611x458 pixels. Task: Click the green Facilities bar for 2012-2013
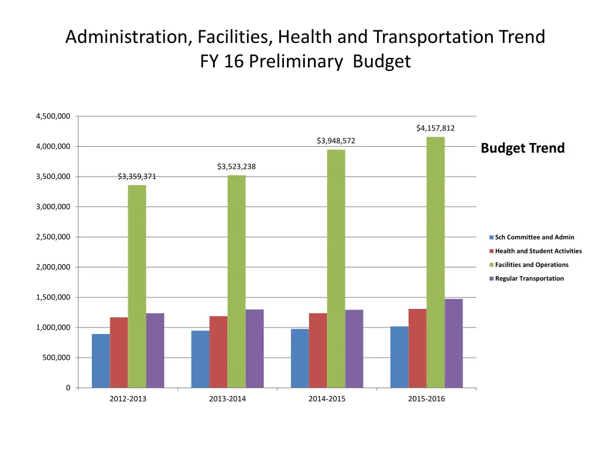(x=137, y=286)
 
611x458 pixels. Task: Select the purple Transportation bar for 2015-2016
(x=453, y=343)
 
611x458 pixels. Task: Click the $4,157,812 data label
(x=436, y=128)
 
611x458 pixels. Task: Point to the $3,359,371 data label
(x=137, y=177)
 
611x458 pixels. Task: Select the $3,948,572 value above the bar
(x=336, y=141)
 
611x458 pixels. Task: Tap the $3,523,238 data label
(x=236, y=166)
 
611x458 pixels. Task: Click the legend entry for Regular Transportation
(x=529, y=278)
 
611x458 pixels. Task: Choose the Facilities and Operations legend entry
(x=531, y=265)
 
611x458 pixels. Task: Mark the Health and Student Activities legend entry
(x=538, y=251)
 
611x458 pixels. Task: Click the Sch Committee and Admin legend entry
(x=534, y=237)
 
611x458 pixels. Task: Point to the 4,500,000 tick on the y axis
(x=53, y=116)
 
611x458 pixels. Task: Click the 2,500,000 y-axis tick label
(x=53, y=237)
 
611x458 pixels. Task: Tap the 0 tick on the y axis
(x=67, y=388)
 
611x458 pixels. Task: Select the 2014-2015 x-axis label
(x=327, y=399)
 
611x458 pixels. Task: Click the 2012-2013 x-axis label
(x=128, y=399)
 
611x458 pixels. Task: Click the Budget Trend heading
(x=523, y=148)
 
